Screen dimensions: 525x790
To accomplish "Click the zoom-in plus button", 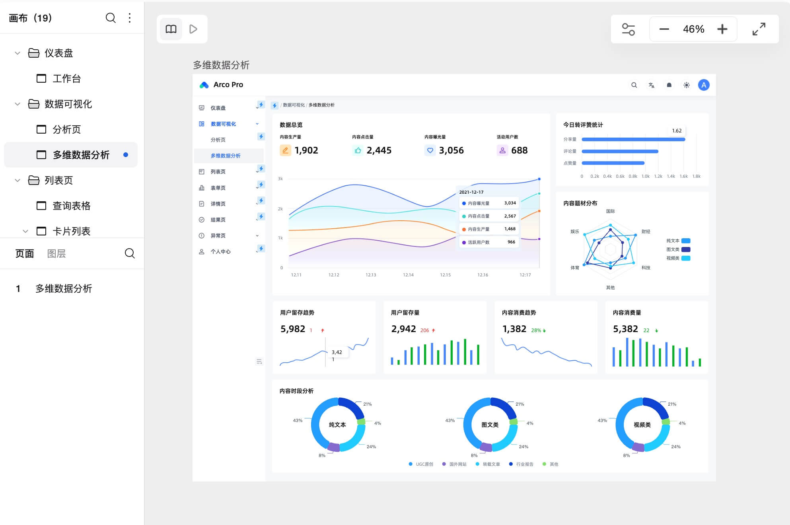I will click(722, 29).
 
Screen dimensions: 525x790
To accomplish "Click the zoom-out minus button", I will click(664, 29).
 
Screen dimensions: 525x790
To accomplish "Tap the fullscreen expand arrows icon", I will click(759, 29).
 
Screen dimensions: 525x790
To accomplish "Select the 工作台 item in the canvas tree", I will click(66, 78).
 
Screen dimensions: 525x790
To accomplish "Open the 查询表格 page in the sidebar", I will click(71, 206).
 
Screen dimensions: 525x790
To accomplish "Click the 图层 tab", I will click(56, 253).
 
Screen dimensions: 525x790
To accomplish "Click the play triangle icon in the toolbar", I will click(193, 29).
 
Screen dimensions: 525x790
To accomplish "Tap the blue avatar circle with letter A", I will click(703, 85).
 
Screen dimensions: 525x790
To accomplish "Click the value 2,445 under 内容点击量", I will click(379, 150).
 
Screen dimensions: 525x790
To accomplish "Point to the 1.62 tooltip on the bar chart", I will click(676, 130).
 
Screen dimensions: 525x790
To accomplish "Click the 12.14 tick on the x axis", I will click(408, 275).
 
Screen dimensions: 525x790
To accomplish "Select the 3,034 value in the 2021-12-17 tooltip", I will click(510, 203).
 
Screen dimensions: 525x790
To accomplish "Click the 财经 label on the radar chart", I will click(646, 231).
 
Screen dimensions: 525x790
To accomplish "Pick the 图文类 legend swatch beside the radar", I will click(685, 249).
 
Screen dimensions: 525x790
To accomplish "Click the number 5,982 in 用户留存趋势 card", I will click(293, 329).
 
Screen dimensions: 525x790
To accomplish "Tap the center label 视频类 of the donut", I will click(642, 425).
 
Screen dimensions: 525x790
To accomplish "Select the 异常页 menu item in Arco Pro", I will click(218, 235).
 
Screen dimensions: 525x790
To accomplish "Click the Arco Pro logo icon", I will click(204, 85).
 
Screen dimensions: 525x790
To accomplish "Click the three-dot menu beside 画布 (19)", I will click(130, 18).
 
